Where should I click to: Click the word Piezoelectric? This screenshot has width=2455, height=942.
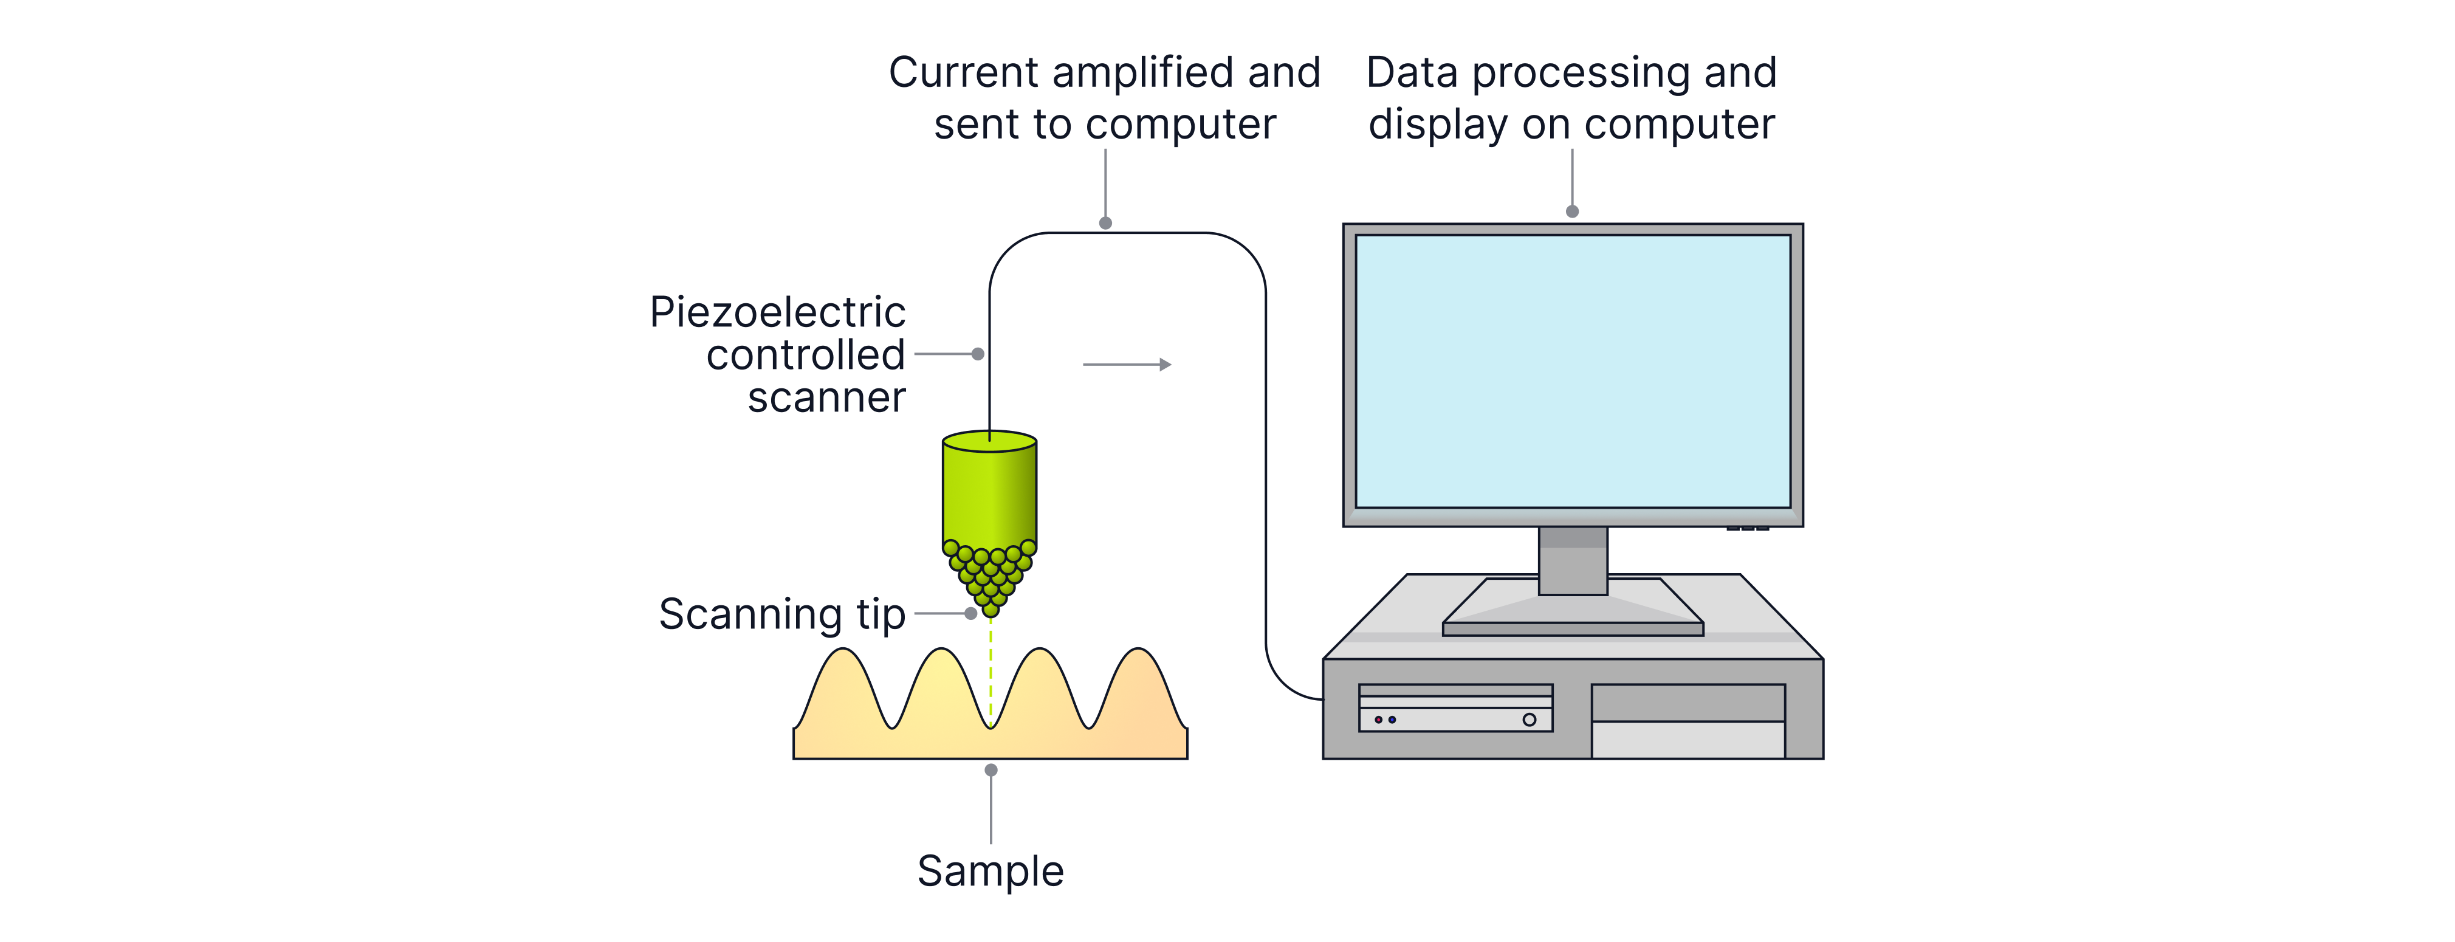[x=778, y=313]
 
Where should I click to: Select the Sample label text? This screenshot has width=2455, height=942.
[x=990, y=870]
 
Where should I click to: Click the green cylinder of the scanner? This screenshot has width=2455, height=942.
[x=989, y=491]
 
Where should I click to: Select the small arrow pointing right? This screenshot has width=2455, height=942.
[x=1127, y=364]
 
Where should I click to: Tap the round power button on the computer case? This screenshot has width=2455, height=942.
[x=1529, y=720]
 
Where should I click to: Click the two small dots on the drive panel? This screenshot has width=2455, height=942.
[x=1385, y=720]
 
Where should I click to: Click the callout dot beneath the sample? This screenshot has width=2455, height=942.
[x=991, y=769]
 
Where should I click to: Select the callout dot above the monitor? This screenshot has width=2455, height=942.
[x=1573, y=211]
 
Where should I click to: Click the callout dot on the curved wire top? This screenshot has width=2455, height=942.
[x=1105, y=223]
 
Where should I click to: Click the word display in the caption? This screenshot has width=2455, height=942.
[x=1438, y=125]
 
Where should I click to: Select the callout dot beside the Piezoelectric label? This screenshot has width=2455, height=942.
[x=978, y=354]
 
